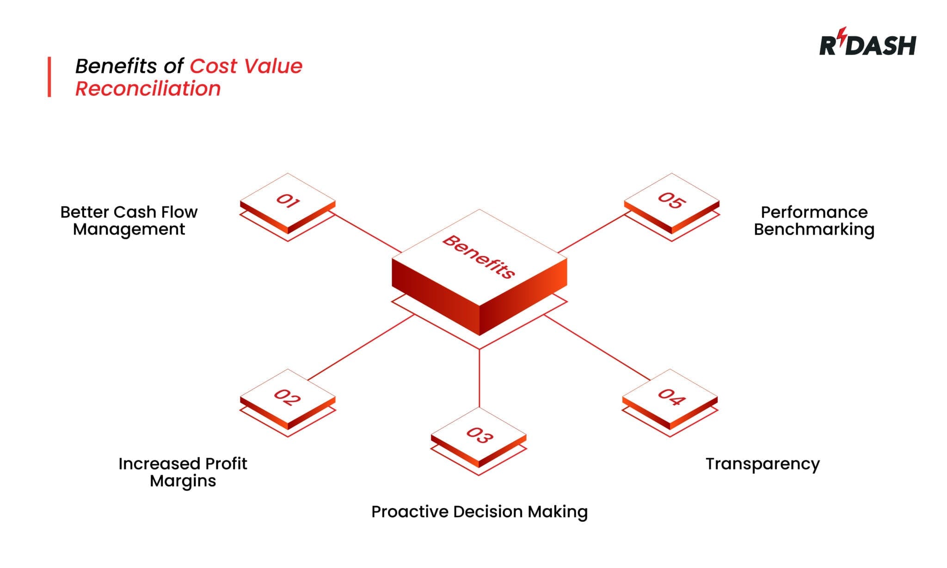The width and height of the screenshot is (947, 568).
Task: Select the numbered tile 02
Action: pyautogui.click(x=288, y=397)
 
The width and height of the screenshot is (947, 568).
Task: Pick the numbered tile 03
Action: pyautogui.click(x=479, y=435)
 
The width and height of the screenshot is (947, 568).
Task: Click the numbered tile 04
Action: pyautogui.click(x=670, y=397)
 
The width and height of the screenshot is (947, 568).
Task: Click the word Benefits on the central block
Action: pyautogui.click(x=479, y=257)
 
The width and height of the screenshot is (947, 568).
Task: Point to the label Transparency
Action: pyautogui.click(x=763, y=464)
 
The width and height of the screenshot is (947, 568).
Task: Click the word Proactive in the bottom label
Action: pyautogui.click(x=410, y=512)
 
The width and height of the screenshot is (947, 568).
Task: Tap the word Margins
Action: pyautogui.click(x=183, y=481)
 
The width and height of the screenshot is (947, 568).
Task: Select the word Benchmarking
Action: pyautogui.click(x=814, y=229)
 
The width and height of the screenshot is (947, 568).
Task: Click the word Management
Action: pyautogui.click(x=129, y=229)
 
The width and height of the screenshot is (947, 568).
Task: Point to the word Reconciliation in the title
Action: pyautogui.click(x=148, y=88)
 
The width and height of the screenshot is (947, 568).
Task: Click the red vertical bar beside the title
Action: pyautogui.click(x=49, y=77)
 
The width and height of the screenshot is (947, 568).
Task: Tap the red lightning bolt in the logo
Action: pyautogui.click(x=843, y=34)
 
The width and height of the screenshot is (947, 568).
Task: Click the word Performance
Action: pyautogui.click(x=814, y=212)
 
